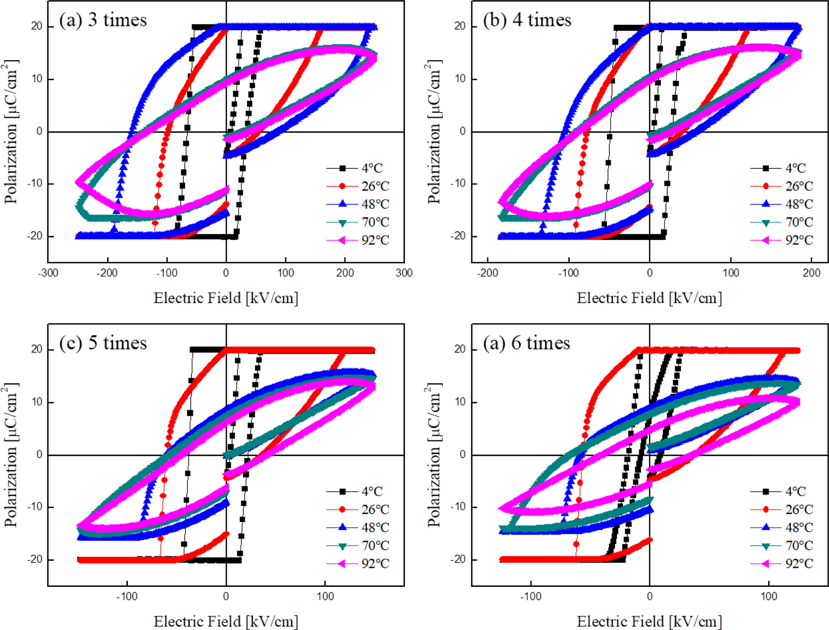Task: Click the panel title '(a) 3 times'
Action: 103,20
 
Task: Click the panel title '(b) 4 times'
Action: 527,20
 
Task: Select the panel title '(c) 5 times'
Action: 103,343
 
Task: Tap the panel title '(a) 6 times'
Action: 526,343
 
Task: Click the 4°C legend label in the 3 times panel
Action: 372,168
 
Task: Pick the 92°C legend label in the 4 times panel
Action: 799,240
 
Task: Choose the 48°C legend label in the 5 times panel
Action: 375,527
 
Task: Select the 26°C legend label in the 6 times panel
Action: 799,509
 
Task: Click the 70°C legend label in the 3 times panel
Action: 375,222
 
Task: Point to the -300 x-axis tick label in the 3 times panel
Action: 48,273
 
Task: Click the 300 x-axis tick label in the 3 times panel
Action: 404,273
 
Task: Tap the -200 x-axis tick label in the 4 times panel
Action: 487,273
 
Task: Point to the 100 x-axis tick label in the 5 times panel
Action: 325,596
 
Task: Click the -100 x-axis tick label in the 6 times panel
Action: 531,596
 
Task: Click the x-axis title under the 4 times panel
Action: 649,298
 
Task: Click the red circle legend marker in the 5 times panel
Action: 342,509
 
